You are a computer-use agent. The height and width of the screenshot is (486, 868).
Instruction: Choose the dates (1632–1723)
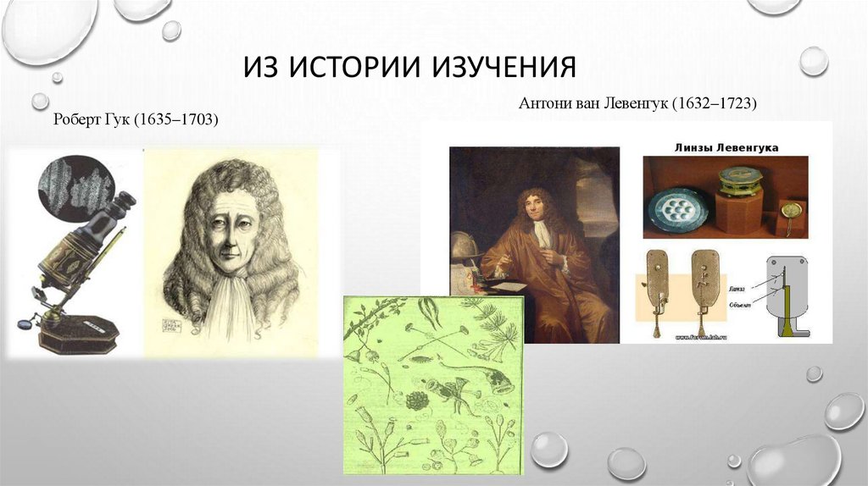[x=715, y=103]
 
